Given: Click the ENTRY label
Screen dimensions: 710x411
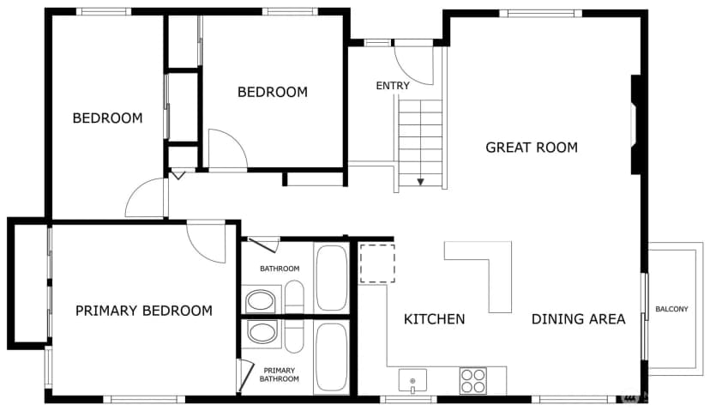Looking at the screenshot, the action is click(393, 86).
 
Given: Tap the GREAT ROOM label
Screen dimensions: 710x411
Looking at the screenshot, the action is click(532, 148).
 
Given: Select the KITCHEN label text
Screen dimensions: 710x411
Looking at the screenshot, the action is click(434, 319).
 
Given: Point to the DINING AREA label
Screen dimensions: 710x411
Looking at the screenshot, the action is click(578, 319).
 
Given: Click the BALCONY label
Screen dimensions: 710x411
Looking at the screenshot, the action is click(671, 309).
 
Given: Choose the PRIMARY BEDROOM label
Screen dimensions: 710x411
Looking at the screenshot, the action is click(144, 311).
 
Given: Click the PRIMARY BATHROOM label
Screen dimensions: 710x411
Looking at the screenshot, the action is click(279, 375).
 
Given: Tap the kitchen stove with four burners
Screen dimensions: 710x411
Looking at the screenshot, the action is click(473, 381).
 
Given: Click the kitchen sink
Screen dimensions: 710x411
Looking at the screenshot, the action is click(412, 381).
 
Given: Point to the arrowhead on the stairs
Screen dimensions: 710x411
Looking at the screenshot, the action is click(421, 182).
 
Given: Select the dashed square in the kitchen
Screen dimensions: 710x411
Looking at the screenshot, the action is click(377, 263).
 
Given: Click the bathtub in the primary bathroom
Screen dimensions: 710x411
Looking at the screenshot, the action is click(332, 357).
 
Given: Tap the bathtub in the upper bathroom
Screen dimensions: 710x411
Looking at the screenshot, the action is click(332, 278).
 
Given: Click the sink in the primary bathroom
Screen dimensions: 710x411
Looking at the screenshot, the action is click(262, 333).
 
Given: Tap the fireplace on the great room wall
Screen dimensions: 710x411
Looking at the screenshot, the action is click(636, 124).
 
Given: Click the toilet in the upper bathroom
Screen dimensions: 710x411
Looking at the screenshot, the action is click(294, 297).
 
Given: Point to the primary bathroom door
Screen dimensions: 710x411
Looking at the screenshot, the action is click(244, 375).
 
